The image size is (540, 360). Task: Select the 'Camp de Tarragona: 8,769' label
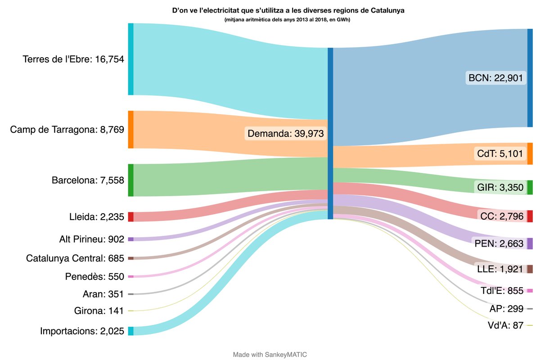[67, 130]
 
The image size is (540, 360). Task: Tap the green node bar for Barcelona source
[130, 180]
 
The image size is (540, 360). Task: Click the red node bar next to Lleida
[130, 217]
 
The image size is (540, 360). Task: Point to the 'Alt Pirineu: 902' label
[91, 239]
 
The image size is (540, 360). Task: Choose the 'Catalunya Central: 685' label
[75, 258]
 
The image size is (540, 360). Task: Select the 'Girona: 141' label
[99, 311]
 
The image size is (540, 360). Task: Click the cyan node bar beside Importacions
[130, 331]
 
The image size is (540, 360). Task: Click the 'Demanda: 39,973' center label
[286, 133]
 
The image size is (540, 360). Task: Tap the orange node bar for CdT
[530, 154]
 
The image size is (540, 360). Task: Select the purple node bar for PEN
[530, 243]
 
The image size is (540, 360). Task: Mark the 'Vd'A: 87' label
[505, 325]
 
